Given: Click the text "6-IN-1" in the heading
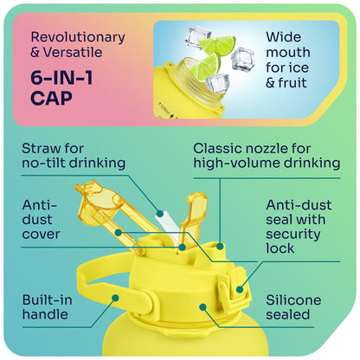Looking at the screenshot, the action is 61,78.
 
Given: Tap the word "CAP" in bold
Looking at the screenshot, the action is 51,98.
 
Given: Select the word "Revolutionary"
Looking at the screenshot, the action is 78,38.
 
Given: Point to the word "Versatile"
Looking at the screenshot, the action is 73,52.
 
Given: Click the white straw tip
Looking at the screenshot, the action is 160,215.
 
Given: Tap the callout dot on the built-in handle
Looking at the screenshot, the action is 115,298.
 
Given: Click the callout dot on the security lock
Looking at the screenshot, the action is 240,289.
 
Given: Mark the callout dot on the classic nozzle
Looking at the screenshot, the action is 220,246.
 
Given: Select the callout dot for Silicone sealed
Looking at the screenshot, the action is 203,307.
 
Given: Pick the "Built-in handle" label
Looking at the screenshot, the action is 47,307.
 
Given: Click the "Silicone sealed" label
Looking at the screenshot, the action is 293,307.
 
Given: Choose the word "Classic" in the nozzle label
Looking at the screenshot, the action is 217,149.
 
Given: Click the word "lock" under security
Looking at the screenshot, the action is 280,248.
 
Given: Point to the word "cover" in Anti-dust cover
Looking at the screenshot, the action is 41,234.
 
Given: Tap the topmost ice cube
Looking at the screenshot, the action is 198,35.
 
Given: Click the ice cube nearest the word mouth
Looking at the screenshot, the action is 243,60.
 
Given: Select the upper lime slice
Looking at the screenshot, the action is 217,45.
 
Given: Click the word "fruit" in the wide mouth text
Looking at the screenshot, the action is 292,83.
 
